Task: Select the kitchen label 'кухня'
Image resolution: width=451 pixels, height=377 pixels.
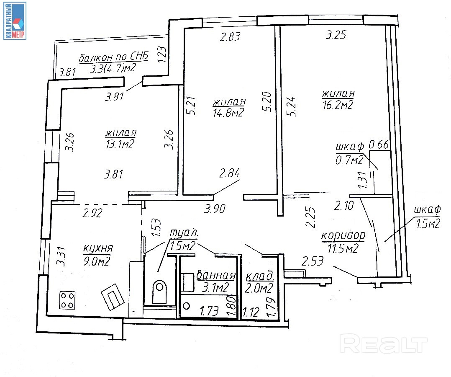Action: [x=98, y=248]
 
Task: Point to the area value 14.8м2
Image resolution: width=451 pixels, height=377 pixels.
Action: [x=228, y=113]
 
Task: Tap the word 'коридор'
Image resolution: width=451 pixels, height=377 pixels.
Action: [x=343, y=235]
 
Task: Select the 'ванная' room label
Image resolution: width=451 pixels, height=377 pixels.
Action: [x=215, y=276]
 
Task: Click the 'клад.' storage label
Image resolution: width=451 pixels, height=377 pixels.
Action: [x=259, y=276]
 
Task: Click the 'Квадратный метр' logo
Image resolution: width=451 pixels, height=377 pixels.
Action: [x=15, y=21]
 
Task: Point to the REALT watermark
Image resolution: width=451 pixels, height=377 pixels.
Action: [x=384, y=345]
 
